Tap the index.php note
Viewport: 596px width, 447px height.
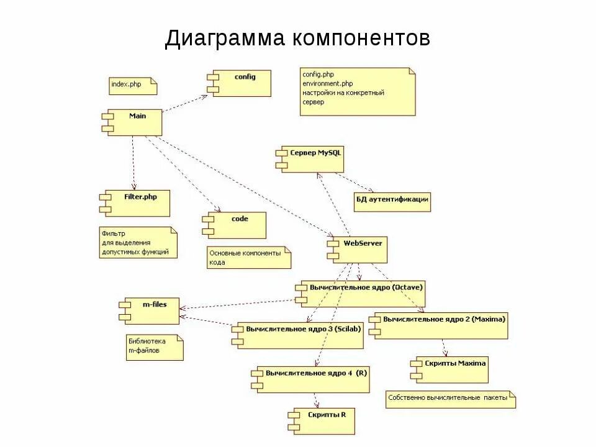tap(132, 86)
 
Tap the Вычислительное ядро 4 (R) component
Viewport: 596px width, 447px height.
tap(317, 379)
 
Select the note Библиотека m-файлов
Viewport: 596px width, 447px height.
tap(155, 347)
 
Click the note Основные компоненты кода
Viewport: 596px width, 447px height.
tap(248, 258)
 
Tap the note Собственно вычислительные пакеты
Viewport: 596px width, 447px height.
tap(450, 399)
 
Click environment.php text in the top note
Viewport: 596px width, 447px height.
tap(328, 83)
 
